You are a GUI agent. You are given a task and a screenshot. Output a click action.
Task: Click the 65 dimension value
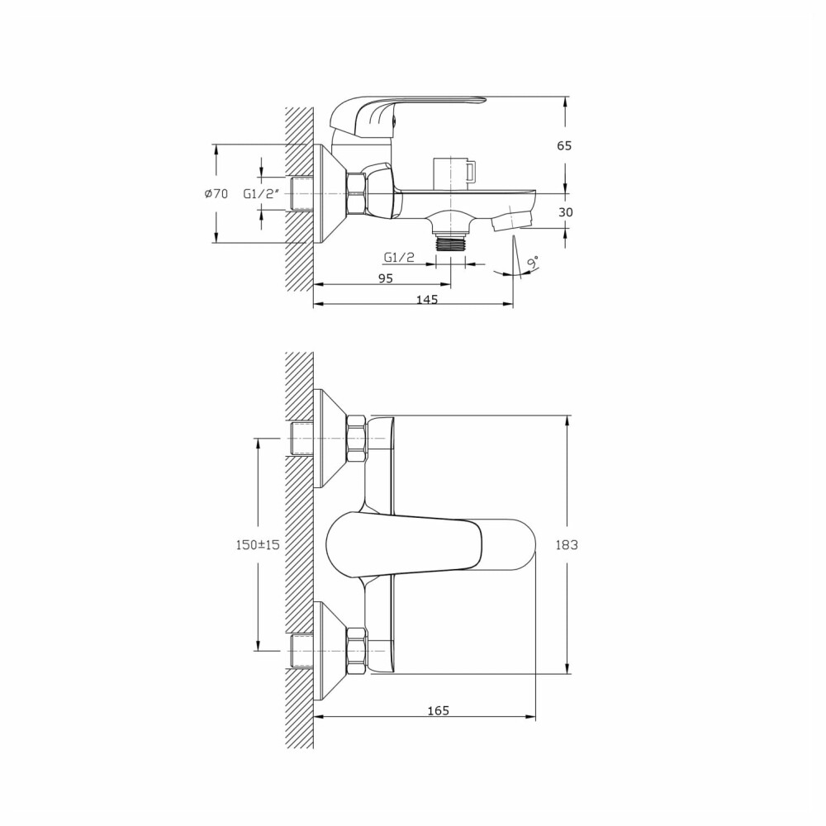[564, 145]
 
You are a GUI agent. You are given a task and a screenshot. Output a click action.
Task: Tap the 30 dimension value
[565, 212]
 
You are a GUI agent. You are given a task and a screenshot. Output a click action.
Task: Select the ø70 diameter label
[216, 194]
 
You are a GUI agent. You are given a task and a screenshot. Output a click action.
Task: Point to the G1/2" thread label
[260, 193]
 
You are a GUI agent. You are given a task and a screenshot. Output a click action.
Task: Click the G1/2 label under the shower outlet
[399, 257]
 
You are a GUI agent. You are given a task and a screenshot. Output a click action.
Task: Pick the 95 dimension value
[386, 278]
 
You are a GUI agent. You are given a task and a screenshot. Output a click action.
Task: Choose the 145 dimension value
[427, 299]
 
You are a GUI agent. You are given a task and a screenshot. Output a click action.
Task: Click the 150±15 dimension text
[258, 544]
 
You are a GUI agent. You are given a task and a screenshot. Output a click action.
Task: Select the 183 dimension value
[567, 544]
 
